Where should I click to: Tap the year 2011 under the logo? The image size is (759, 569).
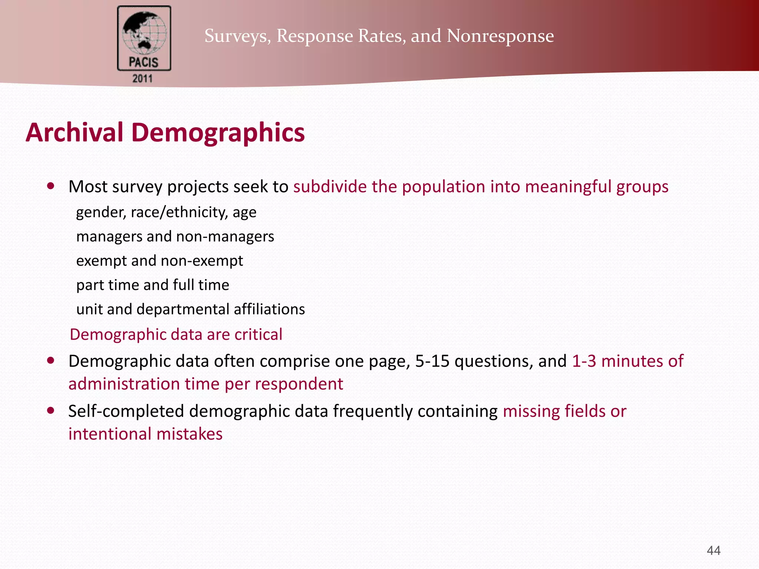(143, 79)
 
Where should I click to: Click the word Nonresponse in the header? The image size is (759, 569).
(500, 36)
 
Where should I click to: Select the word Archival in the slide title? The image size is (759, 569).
(74, 132)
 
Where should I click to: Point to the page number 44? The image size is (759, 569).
(713, 550)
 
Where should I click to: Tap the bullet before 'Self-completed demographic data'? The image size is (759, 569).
(51, 410)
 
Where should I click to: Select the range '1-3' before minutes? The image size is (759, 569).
(584, 361)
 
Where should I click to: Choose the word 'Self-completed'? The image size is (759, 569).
(126, 411)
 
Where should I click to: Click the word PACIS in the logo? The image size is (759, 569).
(144, 62)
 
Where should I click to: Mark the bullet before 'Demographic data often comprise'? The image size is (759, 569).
(51, 360)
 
